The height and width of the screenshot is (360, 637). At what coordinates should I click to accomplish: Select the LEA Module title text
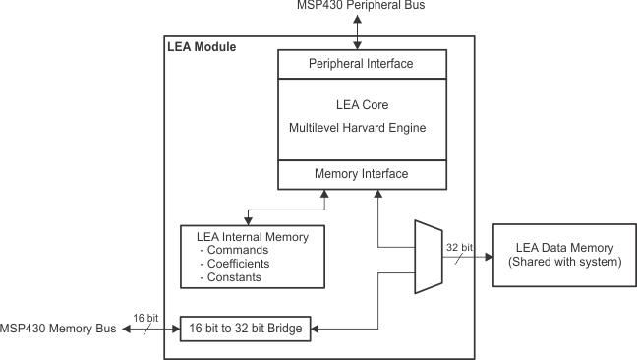202,46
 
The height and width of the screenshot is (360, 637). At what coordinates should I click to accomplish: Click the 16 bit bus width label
144,317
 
